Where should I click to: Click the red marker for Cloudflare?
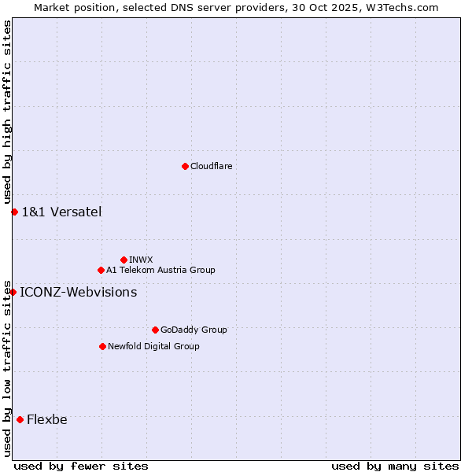[185, 166]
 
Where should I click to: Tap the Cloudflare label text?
[211, 166]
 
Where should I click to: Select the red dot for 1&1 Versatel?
[14, 212]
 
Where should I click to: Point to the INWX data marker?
[124, 260]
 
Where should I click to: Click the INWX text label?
[141, 260]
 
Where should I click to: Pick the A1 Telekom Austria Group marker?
[101, 270]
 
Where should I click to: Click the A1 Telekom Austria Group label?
[160, 270]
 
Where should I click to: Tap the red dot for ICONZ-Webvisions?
[13, 292]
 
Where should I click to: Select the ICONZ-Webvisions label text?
[78, 292]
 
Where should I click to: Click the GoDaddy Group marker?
[155, 330]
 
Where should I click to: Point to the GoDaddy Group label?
[194, 330]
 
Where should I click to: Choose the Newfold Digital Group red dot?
[102, 346]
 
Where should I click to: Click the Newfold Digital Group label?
[153, 346]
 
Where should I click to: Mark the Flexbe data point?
[20, 419]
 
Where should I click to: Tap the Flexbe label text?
[47, 419]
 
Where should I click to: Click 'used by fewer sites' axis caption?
[81, 466]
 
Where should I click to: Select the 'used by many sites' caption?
[395, 466]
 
